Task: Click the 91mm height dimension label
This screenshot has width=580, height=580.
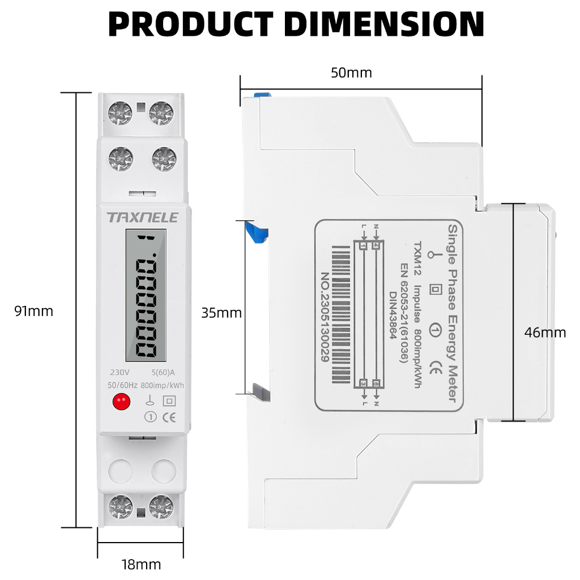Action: pyautogui.click(x=34, y=311)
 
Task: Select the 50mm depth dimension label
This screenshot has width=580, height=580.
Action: pyautogui.click(x=351, y=72)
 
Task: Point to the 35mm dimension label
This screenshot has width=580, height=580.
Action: pyautogui.click(x=221, y=313)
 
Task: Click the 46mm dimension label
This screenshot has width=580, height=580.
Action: pyautogui.click(x=545, y=332)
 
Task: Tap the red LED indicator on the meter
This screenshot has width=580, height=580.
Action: pyautogui.click(x=120, y=402)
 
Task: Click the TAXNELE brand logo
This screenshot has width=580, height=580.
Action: pyautogui.click(x=143, y=217)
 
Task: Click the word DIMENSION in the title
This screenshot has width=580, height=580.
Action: pyautogui.click(x=384, y=24)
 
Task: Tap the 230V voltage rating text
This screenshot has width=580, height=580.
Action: pyautogui.click(x=120, y=373)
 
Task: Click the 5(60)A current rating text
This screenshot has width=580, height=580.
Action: pyautogui.click(x=163, y=373)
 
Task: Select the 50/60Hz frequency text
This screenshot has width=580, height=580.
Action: pyautogui.click(x=122, y=385)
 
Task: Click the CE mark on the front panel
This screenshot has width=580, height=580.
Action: pyautogui.click(x=169, y=417)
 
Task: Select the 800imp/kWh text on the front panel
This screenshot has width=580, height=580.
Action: pyautogui.click(x=163, y=385)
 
